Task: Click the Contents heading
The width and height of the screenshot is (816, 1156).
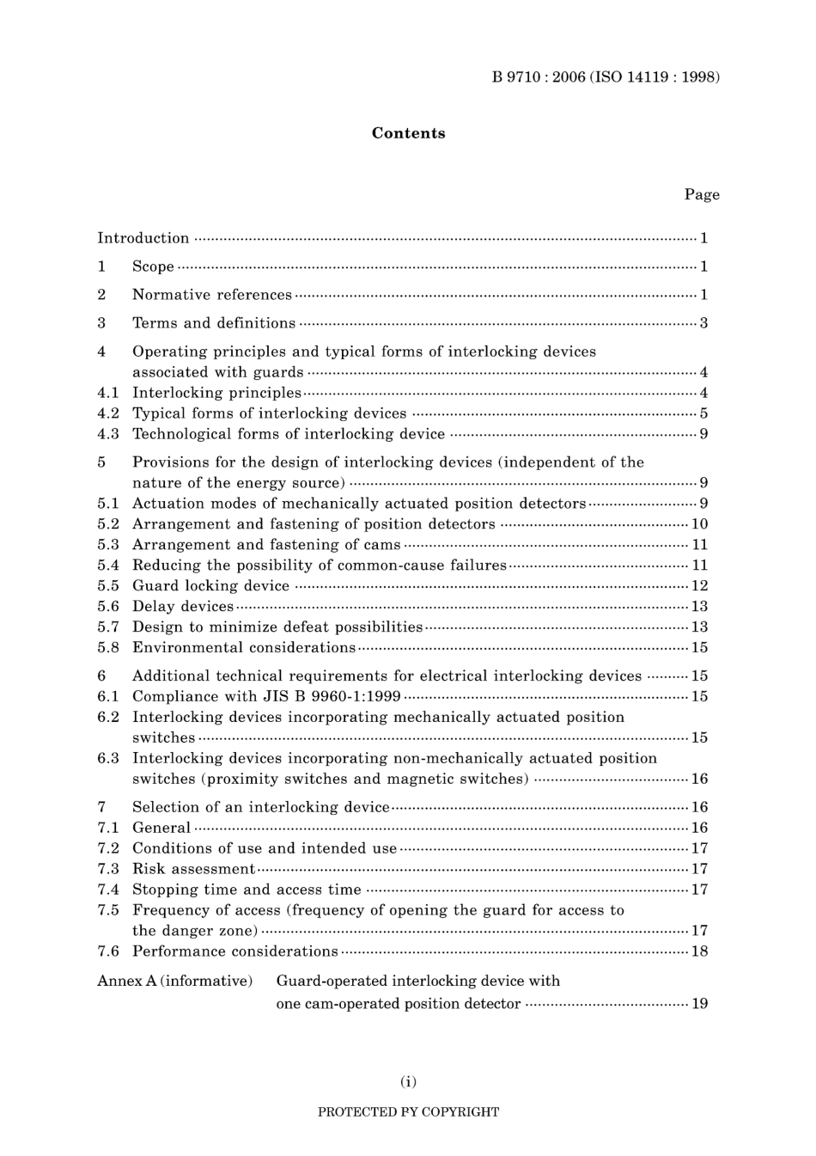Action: point(408,133)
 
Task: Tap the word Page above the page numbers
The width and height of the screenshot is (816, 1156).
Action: point(702,194)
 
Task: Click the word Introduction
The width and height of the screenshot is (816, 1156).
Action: point(143,238)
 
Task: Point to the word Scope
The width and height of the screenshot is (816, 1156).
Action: point(153,266)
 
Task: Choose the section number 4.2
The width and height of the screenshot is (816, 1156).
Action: point(108,413)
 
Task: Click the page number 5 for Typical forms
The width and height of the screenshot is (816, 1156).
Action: point(703,413)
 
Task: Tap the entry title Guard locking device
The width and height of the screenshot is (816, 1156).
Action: point(210,586)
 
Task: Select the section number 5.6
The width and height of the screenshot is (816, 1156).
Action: point(108,607)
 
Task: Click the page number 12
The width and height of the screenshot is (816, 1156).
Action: point(699,586)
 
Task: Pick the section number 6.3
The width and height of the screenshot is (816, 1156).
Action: point(108,758)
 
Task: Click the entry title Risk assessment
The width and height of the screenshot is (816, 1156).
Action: point(193,869)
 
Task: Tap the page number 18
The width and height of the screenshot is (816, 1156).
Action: point(699,951)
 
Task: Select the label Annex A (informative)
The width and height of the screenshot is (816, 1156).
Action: point(174,981)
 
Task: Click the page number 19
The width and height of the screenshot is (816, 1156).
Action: point(699,1004)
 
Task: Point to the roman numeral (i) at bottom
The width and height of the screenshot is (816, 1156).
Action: point(408,1081)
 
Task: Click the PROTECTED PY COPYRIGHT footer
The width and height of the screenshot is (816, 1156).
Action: point(408,1112)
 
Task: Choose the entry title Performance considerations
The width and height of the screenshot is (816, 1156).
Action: point(234,951)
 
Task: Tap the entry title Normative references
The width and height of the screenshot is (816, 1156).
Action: point(211,295)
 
